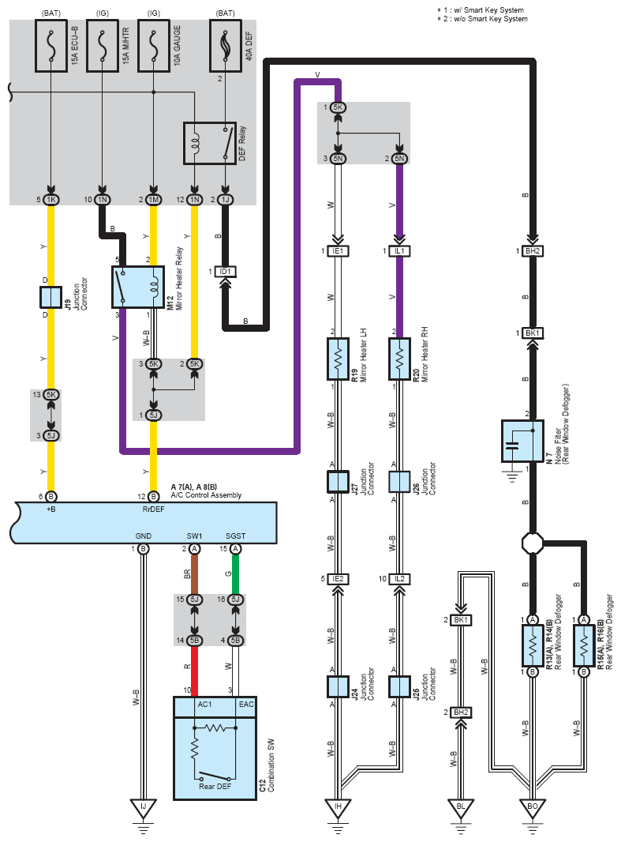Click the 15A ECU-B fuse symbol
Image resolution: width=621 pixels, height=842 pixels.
[x=51, y=46]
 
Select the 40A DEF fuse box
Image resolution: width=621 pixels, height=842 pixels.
[x=225, y=46]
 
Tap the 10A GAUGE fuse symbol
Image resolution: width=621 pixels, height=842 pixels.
[x=154, y=46]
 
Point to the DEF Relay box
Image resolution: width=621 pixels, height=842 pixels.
[x=210, y=144]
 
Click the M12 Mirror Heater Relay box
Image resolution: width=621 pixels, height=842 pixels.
[x=138, y=287]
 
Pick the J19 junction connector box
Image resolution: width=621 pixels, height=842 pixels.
[x=51, y=297]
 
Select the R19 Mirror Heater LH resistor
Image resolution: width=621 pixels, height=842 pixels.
[x=338, y=359]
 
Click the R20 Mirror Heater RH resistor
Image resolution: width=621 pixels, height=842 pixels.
[x=399, y=359]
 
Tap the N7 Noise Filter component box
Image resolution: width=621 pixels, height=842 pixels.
[x=522, y=441]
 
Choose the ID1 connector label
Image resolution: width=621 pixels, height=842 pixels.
[x=225, y=272]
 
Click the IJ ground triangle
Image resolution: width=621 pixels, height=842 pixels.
[x=143, y=808]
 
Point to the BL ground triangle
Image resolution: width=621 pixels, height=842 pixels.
[x=461, y=808]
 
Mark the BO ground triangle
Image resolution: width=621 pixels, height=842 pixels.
[x=533, y=808]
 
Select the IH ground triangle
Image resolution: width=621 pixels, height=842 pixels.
[x=338, y=808]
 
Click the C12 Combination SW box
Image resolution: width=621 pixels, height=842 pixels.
[x=215, y=748]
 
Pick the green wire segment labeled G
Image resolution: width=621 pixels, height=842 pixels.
[x=235, y=574]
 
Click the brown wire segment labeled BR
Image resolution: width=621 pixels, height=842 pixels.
[x=195, y=574]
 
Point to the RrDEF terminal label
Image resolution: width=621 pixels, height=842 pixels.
[x=153, y=509]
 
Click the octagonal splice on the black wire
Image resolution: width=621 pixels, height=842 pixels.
[x=533, y=543]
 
